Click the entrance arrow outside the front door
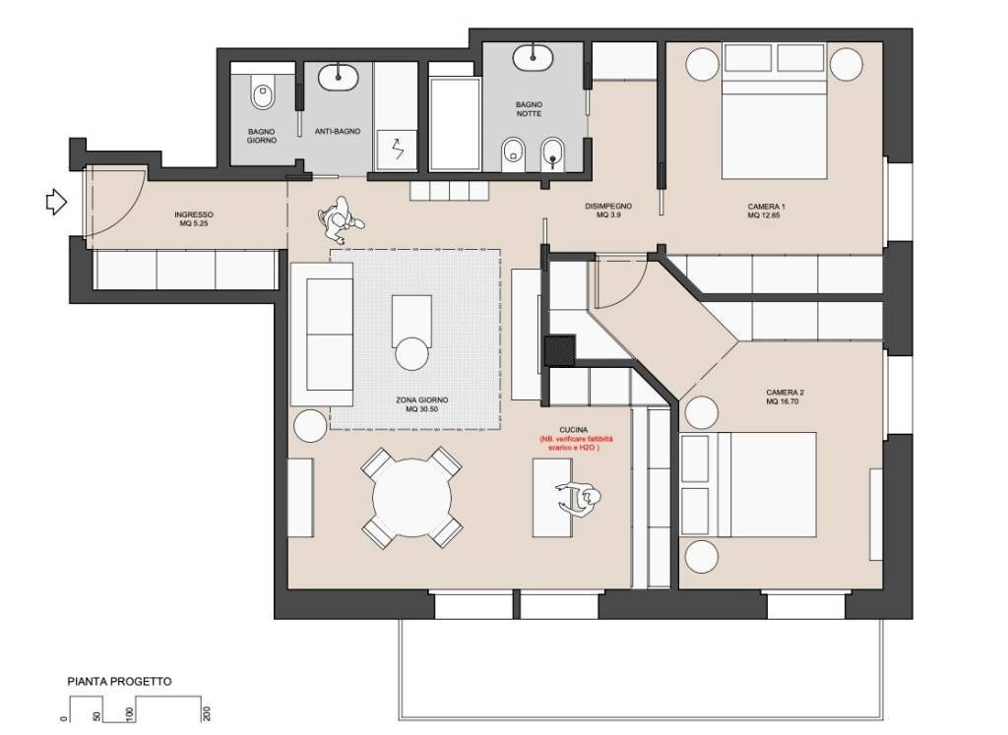(56, 203)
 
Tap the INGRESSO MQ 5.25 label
(194, 219)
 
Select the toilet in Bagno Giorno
(262, 95)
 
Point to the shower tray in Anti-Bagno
(397, 149)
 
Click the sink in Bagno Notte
(535, 56)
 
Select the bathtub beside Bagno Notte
(454, 123)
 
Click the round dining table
(412, 497)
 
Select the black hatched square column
(559, 350)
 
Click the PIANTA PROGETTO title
(119, 681)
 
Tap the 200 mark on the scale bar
(207, 714)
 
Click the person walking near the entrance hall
(337, 218)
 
